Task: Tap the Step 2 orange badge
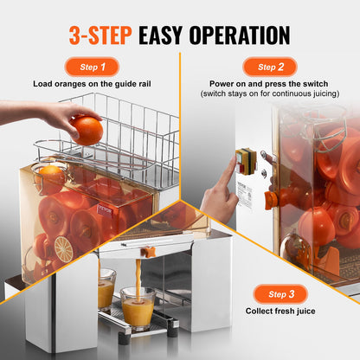(x=270, y=67)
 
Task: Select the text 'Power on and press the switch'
(x=270, y=85)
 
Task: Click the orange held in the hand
(x=87, y=130)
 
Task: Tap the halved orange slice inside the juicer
(x=63, y=248)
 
